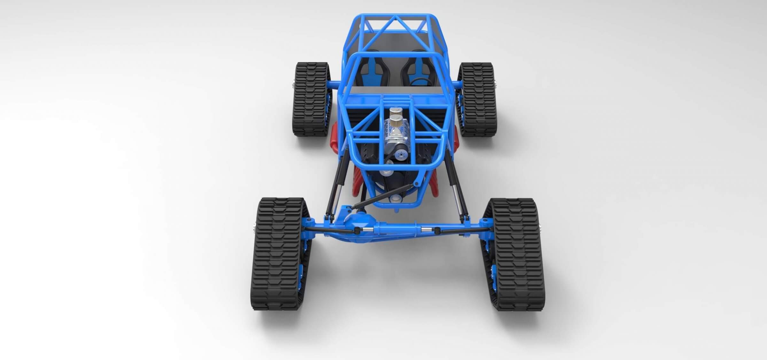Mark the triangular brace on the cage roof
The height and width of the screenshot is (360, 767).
[397, 26]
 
